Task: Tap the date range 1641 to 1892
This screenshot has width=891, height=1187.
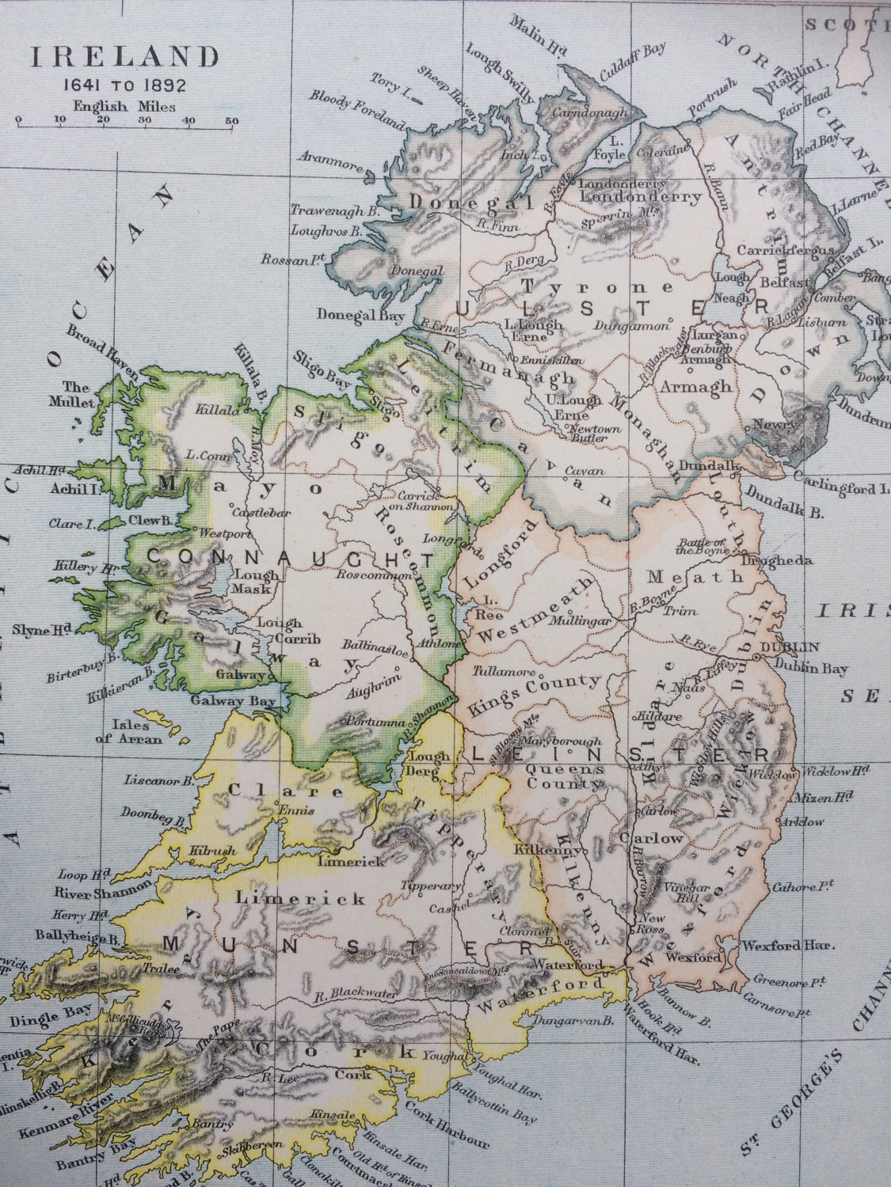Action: [125, 85]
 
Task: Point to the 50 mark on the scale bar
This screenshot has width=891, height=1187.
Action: [231, 120]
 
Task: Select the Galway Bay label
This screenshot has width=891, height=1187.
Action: [234, 701]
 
